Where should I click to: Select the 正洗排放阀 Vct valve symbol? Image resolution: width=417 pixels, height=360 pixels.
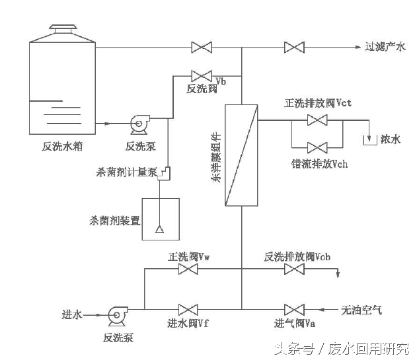[x=319, y=120]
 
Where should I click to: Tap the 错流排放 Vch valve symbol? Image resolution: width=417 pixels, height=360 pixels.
[x=319, y=147]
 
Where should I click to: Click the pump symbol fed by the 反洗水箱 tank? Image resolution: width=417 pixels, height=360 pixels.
[x=141, y=122]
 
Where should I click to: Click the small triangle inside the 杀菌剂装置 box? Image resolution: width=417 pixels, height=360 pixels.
[x=159, y=229]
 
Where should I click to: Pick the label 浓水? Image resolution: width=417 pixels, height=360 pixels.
[x=390, y=139]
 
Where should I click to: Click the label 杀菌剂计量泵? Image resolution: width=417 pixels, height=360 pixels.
[x=127, y=173]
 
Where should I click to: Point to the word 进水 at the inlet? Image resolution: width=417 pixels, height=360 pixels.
[x=71, y=316]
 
